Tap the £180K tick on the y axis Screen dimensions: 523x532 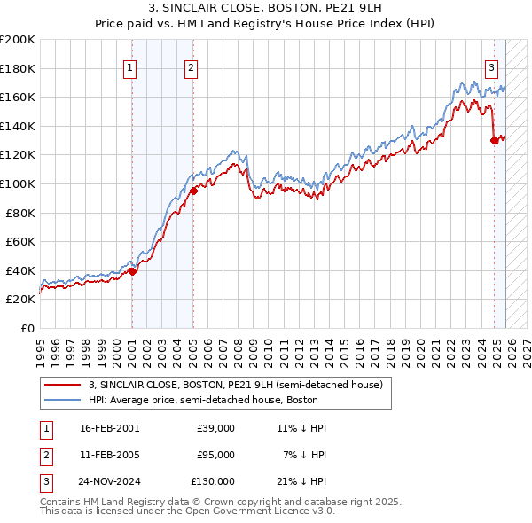coord(18,68)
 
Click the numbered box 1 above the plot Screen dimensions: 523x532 coord(130,66)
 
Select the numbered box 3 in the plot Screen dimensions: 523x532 coord(491,66)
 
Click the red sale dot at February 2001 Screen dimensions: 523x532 coord(132,272)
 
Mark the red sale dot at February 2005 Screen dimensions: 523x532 coord(192,191)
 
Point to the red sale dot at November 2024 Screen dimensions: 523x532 coord(494,140)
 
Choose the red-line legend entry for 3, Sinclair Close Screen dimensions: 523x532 coord(235,385)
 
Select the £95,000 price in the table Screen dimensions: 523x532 coord(215,455)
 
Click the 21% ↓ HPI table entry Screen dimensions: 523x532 coord(301,481)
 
